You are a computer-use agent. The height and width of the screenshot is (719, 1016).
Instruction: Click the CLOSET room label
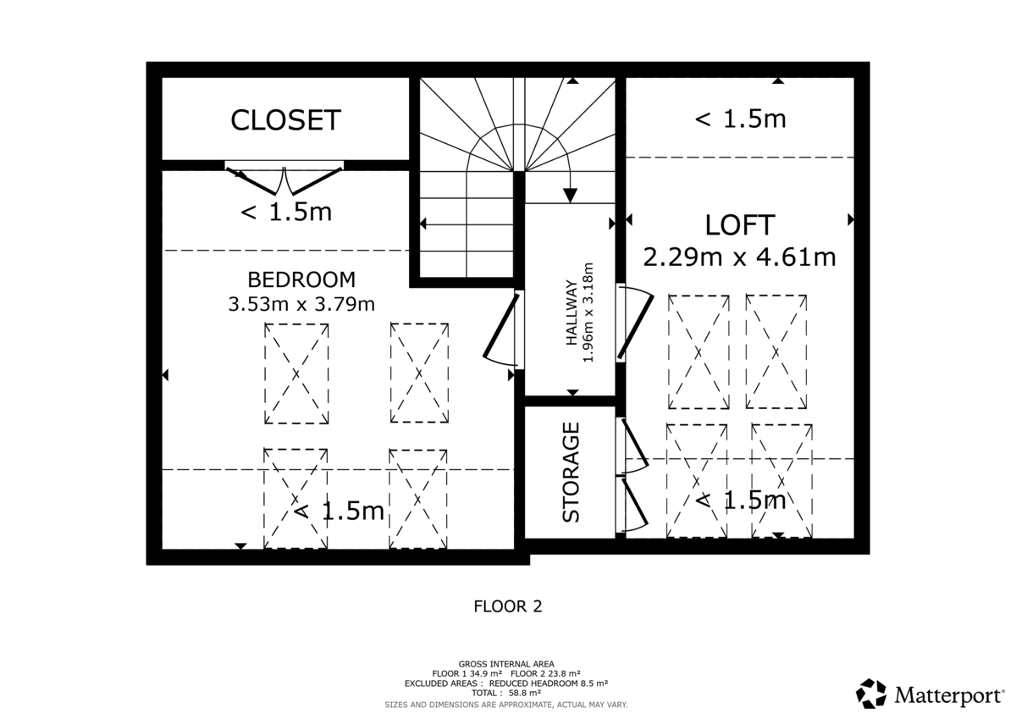coord(285,120)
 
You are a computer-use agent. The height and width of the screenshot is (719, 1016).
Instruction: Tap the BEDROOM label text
coord(301,279)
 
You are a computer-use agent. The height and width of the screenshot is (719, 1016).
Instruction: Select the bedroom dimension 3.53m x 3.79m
coord(301,303)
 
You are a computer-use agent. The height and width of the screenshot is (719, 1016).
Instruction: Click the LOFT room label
coord(739,225)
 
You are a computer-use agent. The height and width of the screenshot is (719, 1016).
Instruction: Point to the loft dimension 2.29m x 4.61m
coord(739,257)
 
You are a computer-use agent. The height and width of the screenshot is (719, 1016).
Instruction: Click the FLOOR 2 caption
coord(507,606)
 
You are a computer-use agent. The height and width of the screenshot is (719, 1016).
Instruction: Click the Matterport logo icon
coord(870,694)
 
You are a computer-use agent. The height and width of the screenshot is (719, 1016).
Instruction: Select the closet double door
coord(285,177)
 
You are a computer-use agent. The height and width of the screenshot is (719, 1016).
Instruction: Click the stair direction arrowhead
coord(570,195)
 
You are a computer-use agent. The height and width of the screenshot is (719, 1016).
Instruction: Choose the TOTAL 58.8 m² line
coord(507,692)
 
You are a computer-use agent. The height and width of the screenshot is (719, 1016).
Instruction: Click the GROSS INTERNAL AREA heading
coord(506,663)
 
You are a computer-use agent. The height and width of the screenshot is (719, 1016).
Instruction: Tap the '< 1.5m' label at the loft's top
coord(740,119)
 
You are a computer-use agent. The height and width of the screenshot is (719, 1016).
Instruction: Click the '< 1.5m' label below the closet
coord(286,212)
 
